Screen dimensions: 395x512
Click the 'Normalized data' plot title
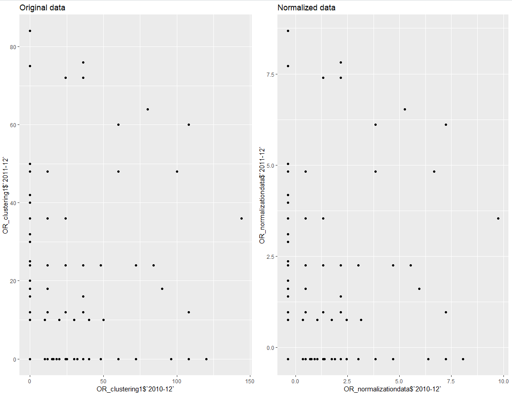point(306,8)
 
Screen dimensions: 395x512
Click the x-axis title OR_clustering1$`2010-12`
point(135,389)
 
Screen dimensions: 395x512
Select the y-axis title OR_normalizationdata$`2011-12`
point(262,195)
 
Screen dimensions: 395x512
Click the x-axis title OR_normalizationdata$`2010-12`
point(392,389)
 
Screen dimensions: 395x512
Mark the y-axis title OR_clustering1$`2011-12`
point(5,195)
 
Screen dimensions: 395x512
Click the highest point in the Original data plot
point(30,31)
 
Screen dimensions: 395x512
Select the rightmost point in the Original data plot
point(241,218)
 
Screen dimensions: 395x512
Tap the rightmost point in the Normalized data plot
point(498,218)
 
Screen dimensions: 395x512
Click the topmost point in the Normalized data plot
point(288,31)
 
